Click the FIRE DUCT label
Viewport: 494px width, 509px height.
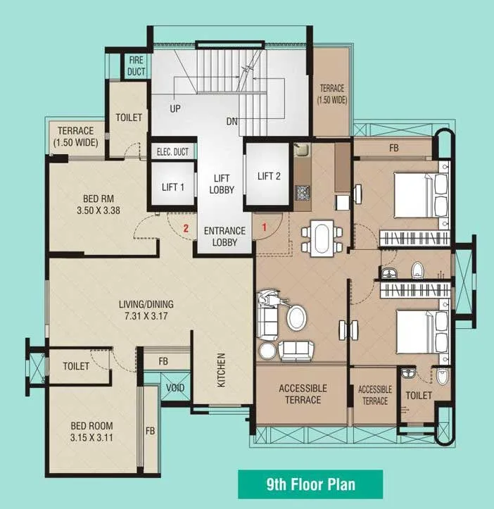(x=135, y=66)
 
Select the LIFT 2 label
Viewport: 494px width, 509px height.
(x=269, y=176)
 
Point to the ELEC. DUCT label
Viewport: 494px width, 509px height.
(x=172, y=151)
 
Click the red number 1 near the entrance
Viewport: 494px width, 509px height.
(x=264, y=227)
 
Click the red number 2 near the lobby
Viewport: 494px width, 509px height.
(x=186, y=228)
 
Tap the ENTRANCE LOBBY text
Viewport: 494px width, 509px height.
(x=224, y=237)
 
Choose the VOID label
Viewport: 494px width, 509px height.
(x=175, y=387)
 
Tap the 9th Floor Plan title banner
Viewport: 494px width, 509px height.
(x=310, y=484)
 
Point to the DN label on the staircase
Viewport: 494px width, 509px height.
(x=232, y=121)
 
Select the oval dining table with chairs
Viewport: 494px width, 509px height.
(x=321, y=237)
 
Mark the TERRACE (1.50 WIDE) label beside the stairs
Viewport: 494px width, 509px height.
(x=332, y=94)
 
